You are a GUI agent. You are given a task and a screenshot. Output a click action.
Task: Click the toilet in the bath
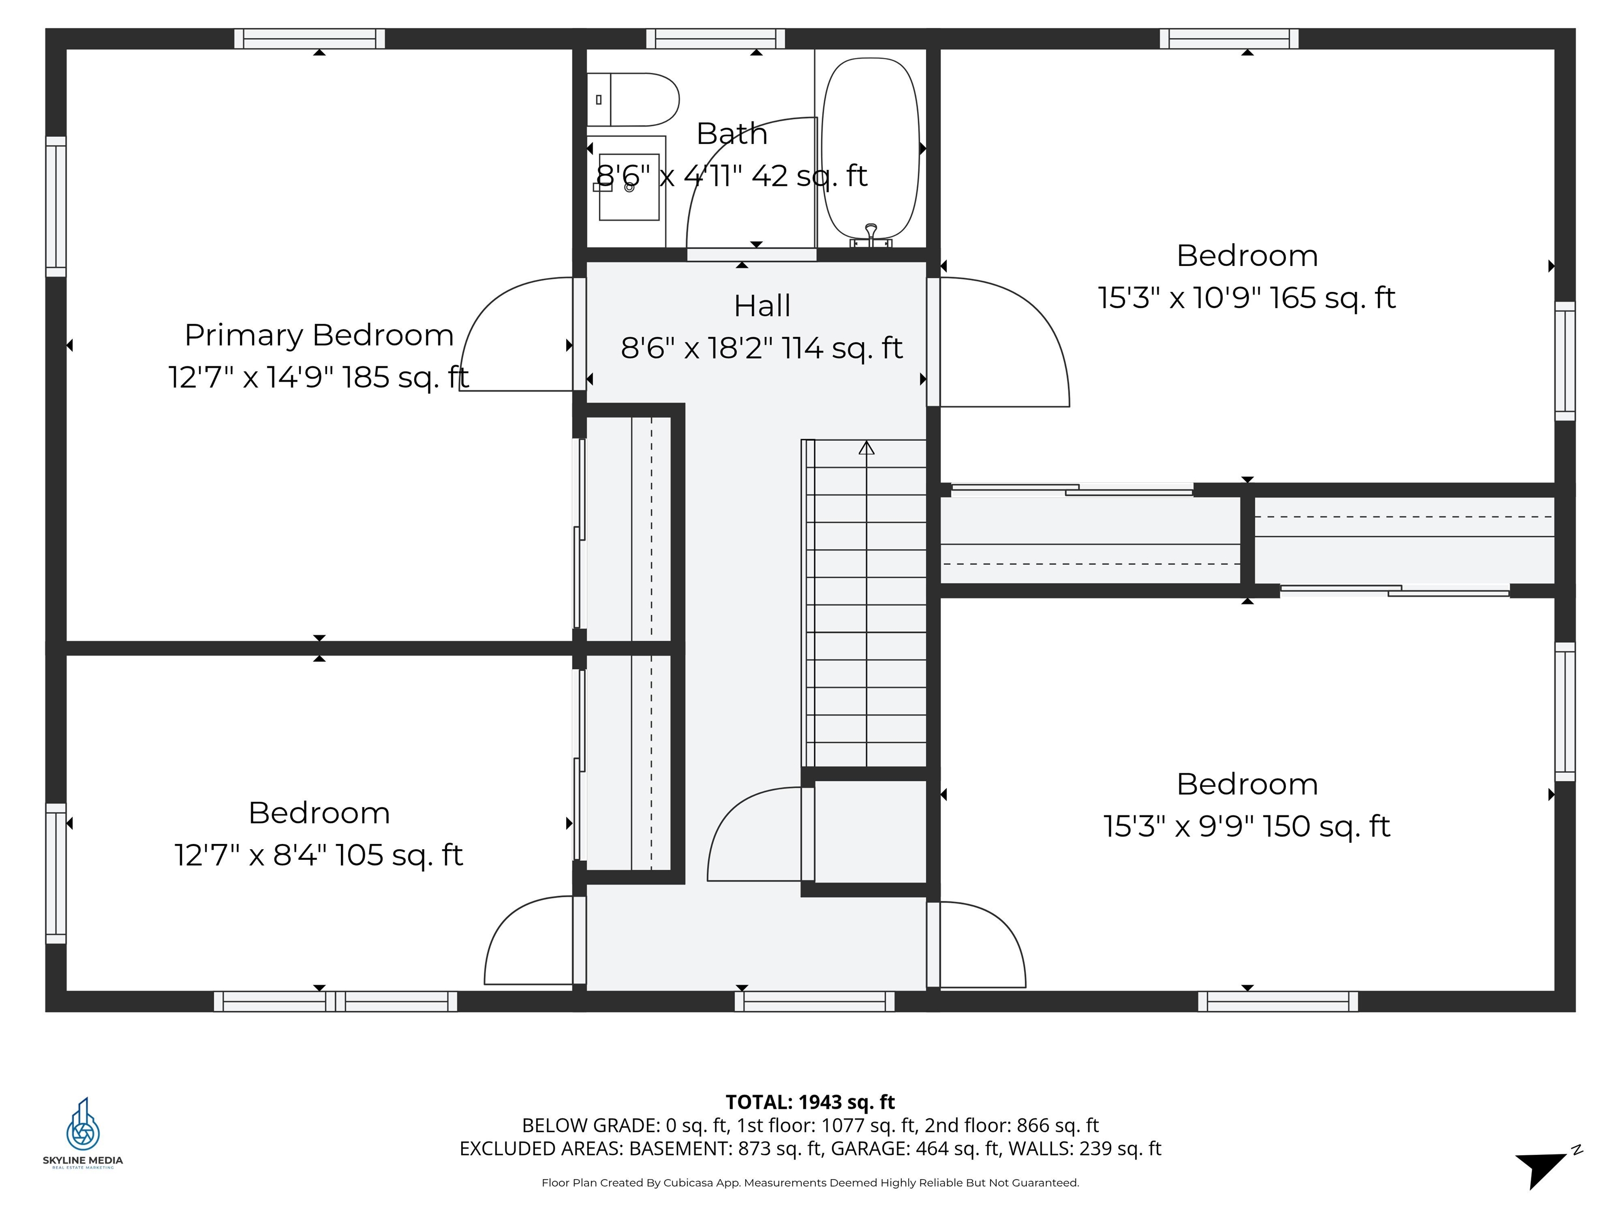coord(633,100)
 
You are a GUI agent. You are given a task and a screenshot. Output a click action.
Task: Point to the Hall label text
coord(762,306)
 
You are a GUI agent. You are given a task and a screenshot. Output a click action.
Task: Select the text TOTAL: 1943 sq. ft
coord(810,1103)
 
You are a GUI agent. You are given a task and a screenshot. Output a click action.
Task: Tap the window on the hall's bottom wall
coord(814,1001)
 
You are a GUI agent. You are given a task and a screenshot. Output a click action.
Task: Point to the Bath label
coord(731,134)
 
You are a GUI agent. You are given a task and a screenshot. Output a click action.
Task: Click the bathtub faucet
coord(871,234)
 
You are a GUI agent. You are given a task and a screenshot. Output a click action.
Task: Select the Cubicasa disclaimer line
coord(810,1182)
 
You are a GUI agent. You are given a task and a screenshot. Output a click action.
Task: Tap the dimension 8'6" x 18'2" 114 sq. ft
coord(761,348)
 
